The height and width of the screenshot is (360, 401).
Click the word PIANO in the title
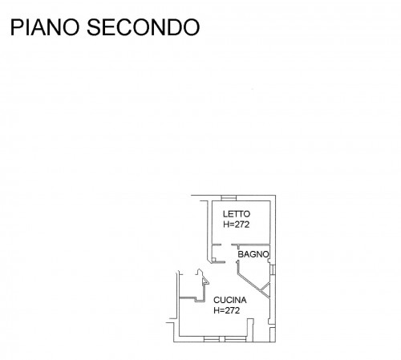[45, 27]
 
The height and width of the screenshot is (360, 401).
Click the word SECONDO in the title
[144, 27]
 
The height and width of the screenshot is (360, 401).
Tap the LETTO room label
[237, 214]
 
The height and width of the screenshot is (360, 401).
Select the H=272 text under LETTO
[237, 224]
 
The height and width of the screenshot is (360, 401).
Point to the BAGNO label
[253, 254]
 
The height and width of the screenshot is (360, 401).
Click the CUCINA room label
[230, 300]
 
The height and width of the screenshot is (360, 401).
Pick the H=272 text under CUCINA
[226, 310]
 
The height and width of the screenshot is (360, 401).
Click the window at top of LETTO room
[229, 198]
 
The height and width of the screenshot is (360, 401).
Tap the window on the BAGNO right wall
[273, 269]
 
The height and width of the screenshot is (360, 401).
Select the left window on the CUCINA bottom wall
[212, 339]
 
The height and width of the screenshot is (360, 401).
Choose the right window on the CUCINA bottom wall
[235, 339]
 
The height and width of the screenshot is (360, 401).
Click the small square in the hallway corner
[214, 259]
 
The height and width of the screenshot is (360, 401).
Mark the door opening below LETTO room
[226, 245]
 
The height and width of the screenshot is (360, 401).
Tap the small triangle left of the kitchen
[205, 281]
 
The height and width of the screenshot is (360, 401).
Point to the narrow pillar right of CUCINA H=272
[250, 330]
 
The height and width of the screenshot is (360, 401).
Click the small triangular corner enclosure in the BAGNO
[266, 289]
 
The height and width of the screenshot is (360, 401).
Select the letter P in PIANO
[16, 27]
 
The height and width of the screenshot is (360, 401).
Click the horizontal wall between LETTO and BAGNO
[251, 245]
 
